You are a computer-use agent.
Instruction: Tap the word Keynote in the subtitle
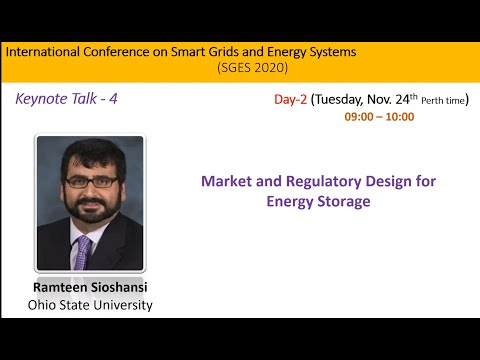coord(43,99)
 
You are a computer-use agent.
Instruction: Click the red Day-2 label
coord(291,100)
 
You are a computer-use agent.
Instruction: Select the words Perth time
coord(443,101)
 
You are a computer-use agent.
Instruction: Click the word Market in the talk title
coord(227,181)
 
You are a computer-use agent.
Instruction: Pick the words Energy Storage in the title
coord(318,201)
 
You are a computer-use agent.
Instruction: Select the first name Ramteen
coord(64,287)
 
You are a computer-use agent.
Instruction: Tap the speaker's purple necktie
coord(82,251)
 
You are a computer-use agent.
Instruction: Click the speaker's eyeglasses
coord(89,182)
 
